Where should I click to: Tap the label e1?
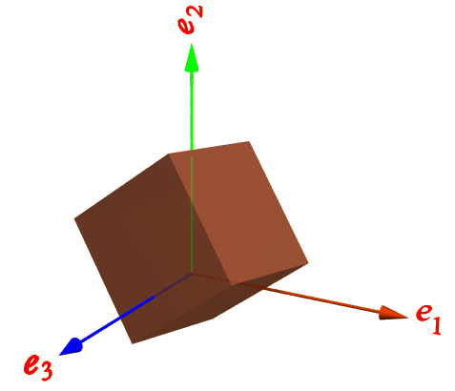428,319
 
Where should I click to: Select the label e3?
38,366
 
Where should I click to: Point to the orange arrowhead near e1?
393,313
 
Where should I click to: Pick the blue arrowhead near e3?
72,346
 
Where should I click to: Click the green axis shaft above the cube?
192,111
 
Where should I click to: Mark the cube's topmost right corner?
249,141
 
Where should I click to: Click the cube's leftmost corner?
74,218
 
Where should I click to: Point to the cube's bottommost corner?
133,343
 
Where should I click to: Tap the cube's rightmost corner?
308,263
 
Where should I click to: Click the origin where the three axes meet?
192,273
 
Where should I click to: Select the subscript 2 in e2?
196,11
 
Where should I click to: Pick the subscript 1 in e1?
436,325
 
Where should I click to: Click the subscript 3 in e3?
46,371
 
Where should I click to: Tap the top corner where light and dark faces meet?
169,154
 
